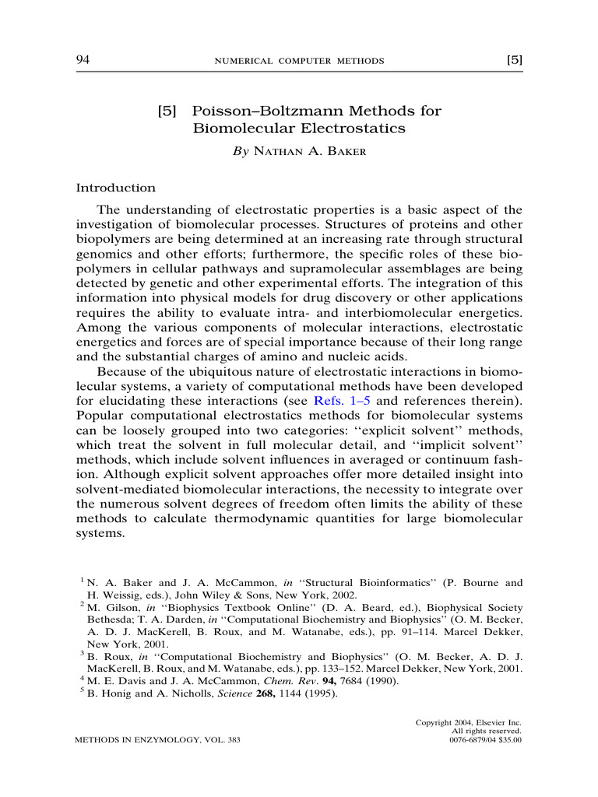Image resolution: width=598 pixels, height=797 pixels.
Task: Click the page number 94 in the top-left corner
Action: point(83,60)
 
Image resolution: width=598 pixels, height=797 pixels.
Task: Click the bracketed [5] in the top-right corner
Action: point(514,60)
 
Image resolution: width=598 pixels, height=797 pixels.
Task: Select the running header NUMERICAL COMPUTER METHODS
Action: point(299,61)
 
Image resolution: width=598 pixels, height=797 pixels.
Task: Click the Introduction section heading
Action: point(115,188)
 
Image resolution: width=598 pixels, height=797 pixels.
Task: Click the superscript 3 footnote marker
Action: point(83,654)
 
